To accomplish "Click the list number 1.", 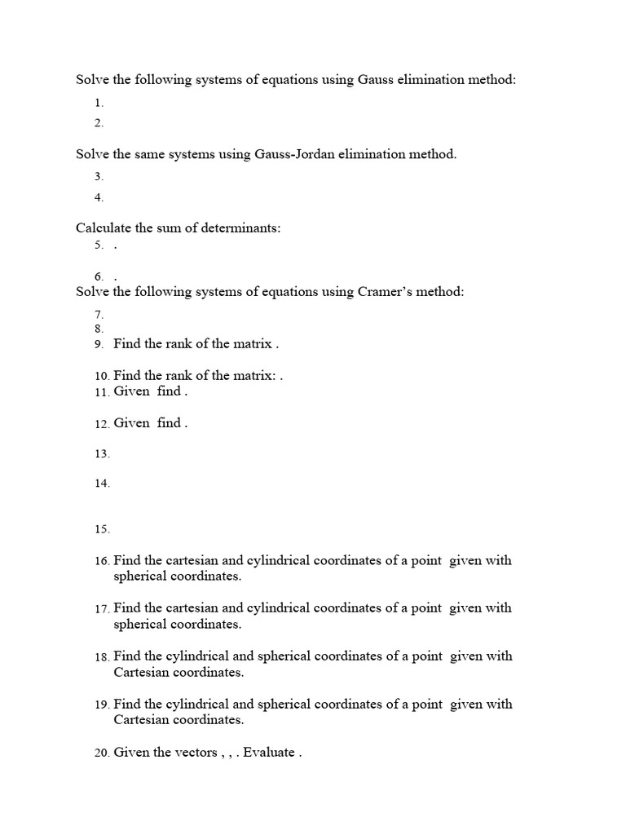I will (99, 104).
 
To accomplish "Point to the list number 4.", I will (99, 198).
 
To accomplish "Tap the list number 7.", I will (99, 315).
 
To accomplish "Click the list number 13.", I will (101, 454).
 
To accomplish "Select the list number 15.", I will (101, 529).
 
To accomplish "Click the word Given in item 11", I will (131, 391).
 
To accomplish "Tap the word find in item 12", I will (169, 423).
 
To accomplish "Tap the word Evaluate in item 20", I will (268, 753).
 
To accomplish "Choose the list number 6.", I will (99, 277).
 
